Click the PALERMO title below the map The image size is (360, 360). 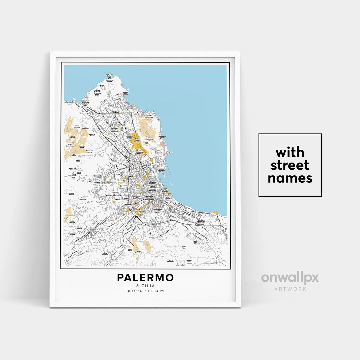pyautogui.click(x=145, y=277)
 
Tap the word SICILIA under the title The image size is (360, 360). pyautogui.click(x=145, y=285)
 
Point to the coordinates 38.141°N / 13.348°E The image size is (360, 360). pyautogui.click(x=145, y=291)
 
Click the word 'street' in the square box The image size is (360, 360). pyautogui.click(x=290, y=165)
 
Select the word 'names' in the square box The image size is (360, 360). pyautogui.click(x=290, y=178)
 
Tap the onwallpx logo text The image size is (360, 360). pyautogui.click(x=290, y=278)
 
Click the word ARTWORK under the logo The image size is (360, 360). pyautogui.click(x=290, y=289)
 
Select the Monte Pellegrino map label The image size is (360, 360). pyautogui.click(x=150, y=139)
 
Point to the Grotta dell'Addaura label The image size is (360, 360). pyautogui.click(x=147, y=117)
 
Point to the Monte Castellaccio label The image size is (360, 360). pyautogui.click(x=70, y=146)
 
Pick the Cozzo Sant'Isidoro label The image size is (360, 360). pyautogui.click(x=97, y=188)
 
